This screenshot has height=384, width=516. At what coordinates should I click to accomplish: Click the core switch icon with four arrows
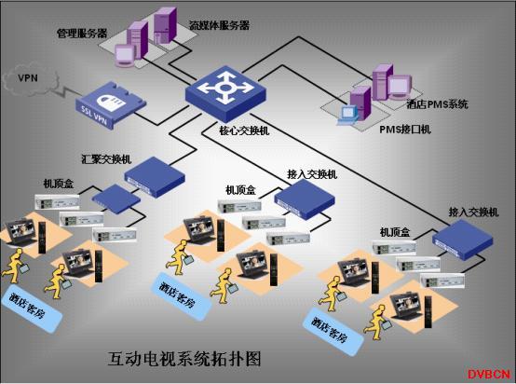coord(225,93)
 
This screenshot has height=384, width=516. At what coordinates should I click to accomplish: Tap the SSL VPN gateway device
coord(111,105)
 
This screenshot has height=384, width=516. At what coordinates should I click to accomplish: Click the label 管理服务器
coord(82,34)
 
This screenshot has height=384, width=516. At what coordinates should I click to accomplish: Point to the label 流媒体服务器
coord(219,26)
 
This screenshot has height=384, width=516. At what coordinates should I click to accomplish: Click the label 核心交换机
coord(244,131)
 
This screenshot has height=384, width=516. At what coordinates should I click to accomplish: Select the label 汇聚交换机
coord(106,159)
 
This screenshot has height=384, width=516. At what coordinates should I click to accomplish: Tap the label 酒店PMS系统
coord(437,104)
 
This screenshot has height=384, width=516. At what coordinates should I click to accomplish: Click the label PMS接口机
coord(405,130)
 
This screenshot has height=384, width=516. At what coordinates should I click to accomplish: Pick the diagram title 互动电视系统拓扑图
coord(184,359)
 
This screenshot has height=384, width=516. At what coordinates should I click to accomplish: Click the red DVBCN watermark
coord(489,375)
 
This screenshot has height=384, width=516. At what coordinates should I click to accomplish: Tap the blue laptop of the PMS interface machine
coord(347,116)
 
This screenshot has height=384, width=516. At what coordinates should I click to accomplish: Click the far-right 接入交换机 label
coord(473,213)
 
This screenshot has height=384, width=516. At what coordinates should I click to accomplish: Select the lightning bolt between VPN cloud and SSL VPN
coord(66,92)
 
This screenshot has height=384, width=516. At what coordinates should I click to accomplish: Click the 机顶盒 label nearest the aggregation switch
coord(59,184)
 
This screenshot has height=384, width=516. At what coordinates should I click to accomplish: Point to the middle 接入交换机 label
coord(312,174)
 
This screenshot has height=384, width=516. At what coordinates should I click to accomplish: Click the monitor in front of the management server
coord(125,56)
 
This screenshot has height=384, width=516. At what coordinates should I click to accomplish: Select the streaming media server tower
coord(165,25)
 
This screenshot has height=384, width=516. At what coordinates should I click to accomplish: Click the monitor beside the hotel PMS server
coord(400,87)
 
